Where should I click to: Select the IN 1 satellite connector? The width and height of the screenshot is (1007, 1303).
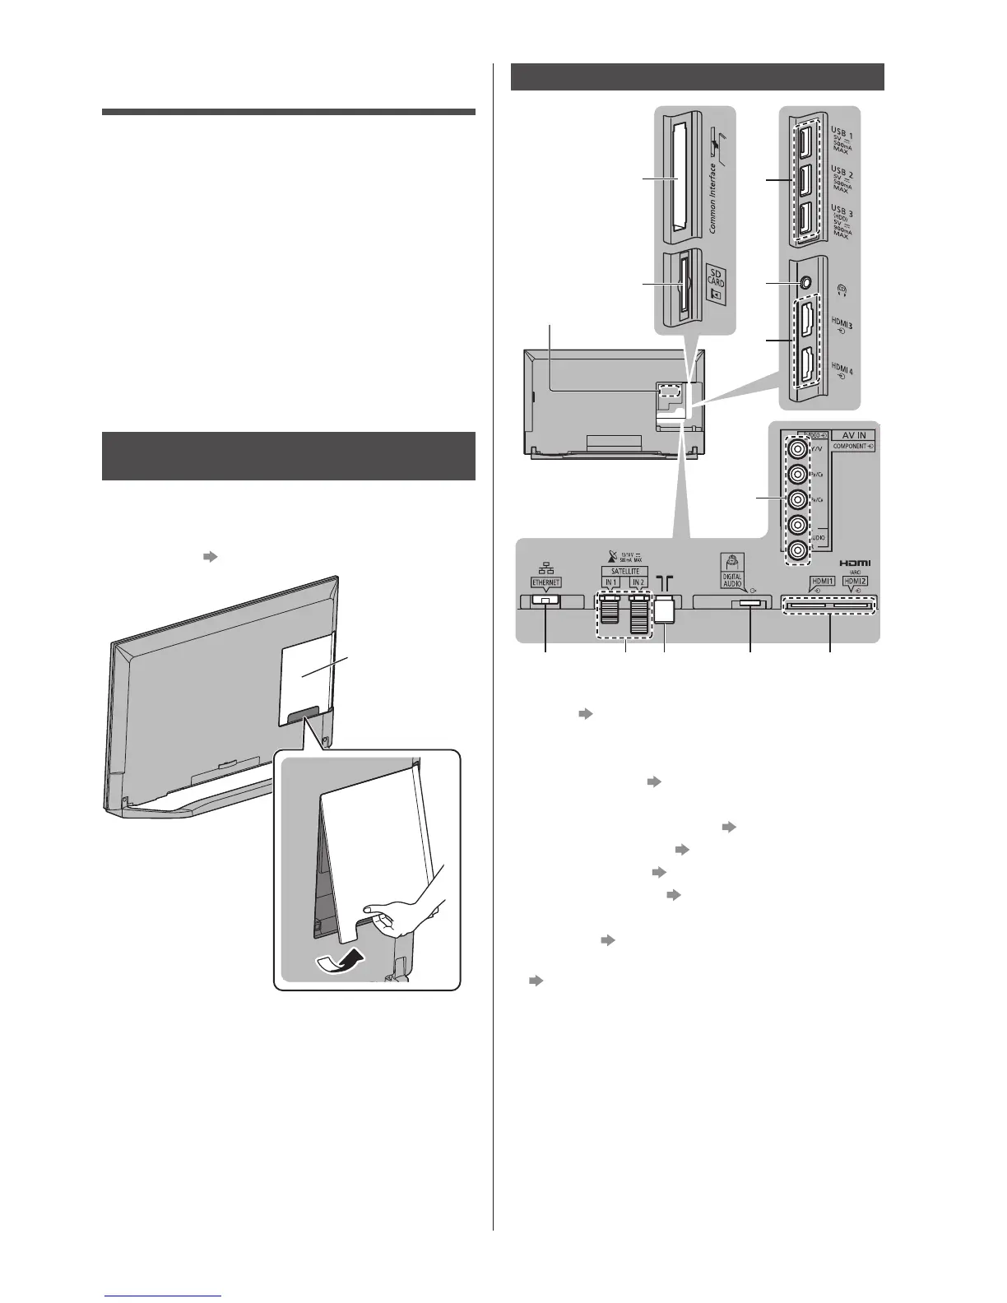(610, 614)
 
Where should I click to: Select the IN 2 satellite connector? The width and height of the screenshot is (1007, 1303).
(638, 614)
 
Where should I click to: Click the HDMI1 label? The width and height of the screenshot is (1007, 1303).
(807, 582)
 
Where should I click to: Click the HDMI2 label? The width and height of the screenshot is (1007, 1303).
(853, 582)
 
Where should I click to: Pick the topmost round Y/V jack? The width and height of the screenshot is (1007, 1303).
(797, 449)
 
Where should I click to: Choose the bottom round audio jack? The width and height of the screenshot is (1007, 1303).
(797, 550)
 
